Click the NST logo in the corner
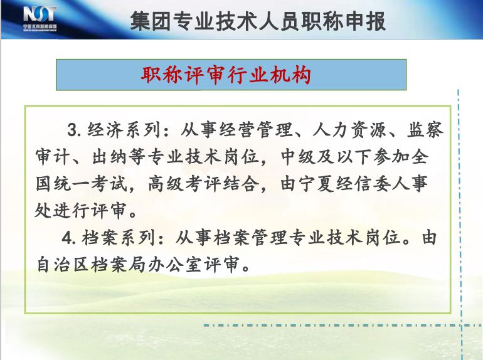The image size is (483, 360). click(x=40, y=18)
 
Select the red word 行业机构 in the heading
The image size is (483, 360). click(x=269, y=75)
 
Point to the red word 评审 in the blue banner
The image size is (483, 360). click(x=206, y=75)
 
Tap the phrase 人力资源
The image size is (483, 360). click(x=349, y=130)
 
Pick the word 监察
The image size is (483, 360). click(x=425, y=130)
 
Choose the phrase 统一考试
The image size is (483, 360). click(x=90, y=184)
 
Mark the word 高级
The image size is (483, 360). click(x=166, y=184)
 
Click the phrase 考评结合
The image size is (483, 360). click(x=222, y=184)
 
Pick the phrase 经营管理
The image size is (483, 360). click(x=256, y=130)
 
